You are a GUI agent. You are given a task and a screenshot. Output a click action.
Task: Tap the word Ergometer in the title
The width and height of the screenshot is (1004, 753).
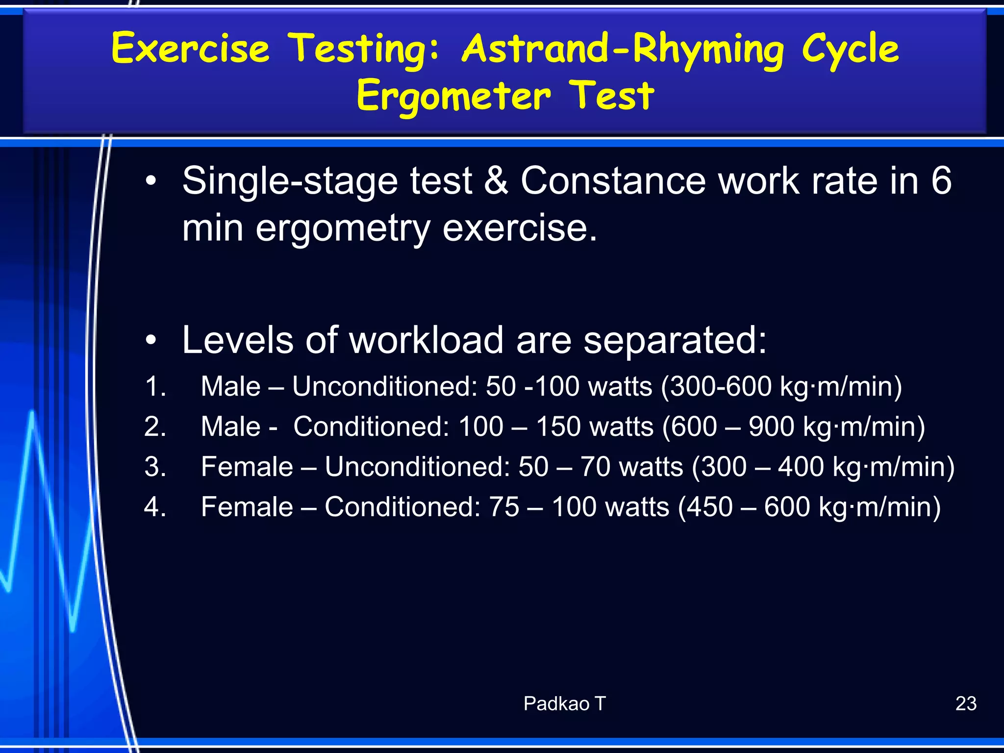click(x=453, y=96)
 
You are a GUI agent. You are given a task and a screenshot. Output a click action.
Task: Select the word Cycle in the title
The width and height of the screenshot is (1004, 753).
click(x=851, y=49)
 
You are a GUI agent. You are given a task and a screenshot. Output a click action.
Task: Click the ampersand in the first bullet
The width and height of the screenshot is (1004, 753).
click(x=496, y=181)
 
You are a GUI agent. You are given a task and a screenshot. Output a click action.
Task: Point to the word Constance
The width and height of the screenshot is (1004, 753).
click(x=613, y=181)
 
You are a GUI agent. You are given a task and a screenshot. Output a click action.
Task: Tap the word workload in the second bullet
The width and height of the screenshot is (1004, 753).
click(x=426, y=340)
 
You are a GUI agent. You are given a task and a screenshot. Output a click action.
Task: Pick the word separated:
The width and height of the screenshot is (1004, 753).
click(x=675, y=340)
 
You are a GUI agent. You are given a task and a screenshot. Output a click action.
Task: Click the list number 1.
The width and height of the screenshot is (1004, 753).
click(x=155, y=386)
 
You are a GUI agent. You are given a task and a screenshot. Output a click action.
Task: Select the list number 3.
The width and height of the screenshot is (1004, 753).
click(x=155, y=467)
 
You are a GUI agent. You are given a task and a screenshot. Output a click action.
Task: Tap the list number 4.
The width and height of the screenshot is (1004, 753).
click(x=155, y=507)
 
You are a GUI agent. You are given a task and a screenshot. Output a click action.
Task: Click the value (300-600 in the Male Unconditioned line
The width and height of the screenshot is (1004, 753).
click(x=716, y=386)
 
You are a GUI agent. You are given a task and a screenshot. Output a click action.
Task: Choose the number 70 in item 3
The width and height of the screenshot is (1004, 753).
click(x=595, y=467)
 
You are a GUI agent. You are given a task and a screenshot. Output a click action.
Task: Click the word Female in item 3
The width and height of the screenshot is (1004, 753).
click(x=247, y=467)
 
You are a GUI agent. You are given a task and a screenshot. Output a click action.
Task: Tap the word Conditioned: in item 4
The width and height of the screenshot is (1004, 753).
click(x=402, y=507)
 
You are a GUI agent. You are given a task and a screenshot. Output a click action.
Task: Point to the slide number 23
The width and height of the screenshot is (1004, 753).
click(x=966, y=703)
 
